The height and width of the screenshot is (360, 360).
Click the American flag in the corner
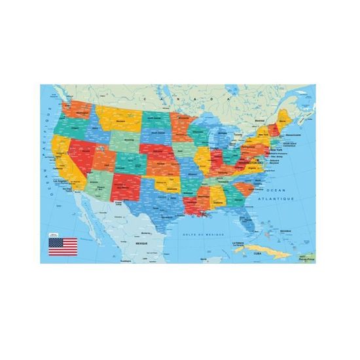pos(63,246)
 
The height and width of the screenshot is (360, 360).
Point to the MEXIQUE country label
pos(143,242)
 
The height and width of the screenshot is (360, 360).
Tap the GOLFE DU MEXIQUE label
pos(204,233)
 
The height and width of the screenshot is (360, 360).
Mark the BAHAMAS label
pos(284,232)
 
